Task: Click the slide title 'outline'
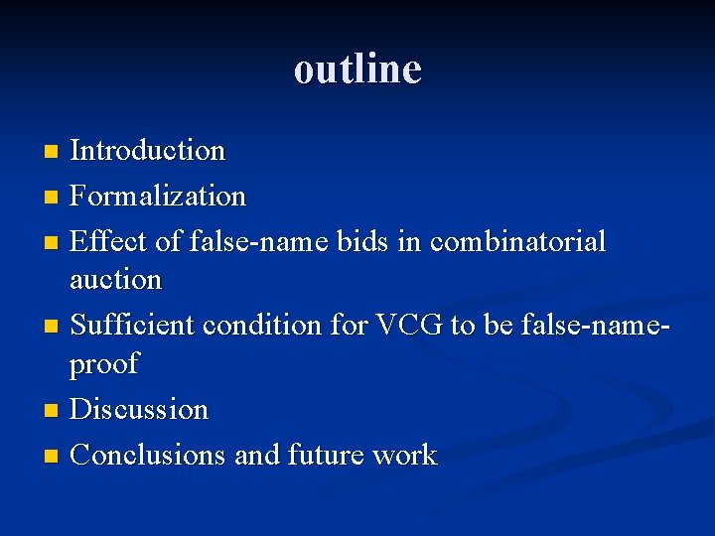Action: click(357, 69)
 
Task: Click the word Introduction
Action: click(148, 151)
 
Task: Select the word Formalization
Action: click(158, 197)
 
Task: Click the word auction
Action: click(115, 280)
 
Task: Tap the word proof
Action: click(103, 364)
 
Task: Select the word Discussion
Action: click(139, 409)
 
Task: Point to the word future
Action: click(326, 455)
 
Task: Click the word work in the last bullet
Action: click(404, 455)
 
